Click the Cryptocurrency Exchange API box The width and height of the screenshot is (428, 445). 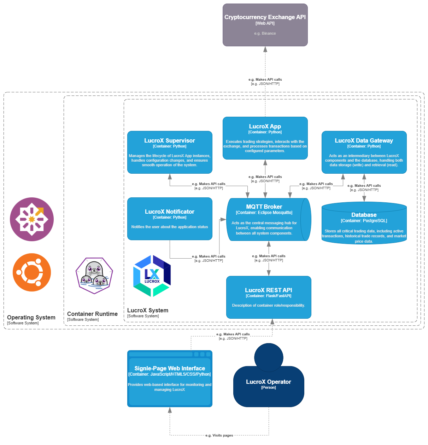(x=265, y=25)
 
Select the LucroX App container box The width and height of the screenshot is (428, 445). (x=265, y=138)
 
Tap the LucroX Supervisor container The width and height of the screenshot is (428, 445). (x=170, y=152)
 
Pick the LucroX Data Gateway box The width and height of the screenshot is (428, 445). (x=364, y=152)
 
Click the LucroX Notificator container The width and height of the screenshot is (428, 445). (x=170, y=219)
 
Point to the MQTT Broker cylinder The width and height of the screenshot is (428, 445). (x=265, y=219)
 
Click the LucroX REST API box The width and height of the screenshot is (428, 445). (x=269, y=297)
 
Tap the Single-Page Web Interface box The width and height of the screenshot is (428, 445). (x=170, y=378)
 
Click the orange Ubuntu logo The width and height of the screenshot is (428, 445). (x=32, y=272)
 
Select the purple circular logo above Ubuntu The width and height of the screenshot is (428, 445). (x=32, y=219)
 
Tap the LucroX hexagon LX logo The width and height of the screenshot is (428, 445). (x=152, y=276)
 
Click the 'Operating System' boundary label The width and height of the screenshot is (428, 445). (x=31, y=318)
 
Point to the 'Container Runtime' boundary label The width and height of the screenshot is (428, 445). (x=92, y=314)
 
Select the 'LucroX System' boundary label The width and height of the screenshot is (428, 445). (x=148, y=311)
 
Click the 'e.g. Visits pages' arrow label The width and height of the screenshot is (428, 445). (x=219, y=435)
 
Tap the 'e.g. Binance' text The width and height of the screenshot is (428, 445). (x=265, y=33)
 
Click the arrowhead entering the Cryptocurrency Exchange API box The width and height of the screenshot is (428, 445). (x=265, y=49)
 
